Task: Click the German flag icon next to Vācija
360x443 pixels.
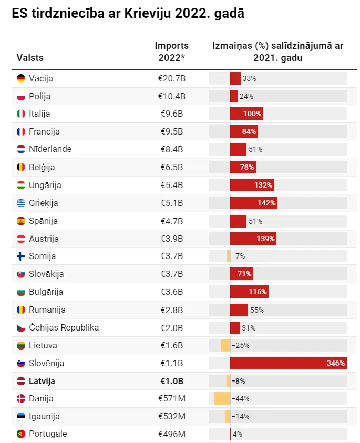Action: [21, 78]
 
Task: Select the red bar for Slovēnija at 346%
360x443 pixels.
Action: [288, 363]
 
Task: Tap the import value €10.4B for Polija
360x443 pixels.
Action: [172, 96]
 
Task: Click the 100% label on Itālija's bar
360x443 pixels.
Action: [252, 114]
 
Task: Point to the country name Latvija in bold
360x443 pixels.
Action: [42, 381]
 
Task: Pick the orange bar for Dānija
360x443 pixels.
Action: [222, 398]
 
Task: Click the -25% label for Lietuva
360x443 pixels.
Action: [241, 345]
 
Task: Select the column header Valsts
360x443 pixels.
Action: [30, 58]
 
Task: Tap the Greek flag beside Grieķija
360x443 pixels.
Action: [21, 203]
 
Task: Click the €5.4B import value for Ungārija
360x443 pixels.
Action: [172, 185]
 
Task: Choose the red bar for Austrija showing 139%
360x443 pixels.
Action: [253, 239]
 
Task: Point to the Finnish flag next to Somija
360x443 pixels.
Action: [21, 256]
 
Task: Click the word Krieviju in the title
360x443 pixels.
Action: [148, 13]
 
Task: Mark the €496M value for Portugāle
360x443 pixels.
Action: [172, 434]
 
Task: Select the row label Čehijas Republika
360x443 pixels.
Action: [64, 327]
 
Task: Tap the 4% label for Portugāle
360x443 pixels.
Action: [238, 434]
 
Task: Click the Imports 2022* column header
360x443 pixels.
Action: [171, 51]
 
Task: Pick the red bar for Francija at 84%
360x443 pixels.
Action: [244, 131]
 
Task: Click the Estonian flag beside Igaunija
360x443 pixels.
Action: [21, 416]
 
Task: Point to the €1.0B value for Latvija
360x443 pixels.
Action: [172, 381]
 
